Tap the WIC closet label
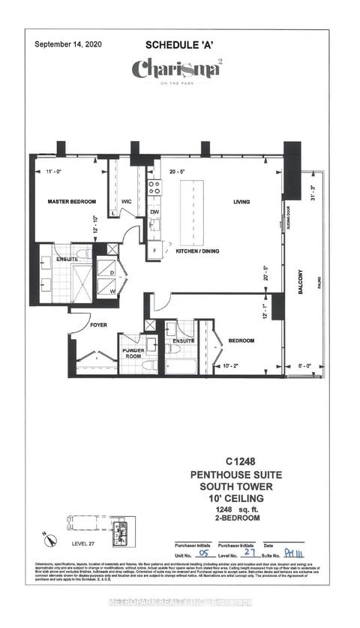[128, 202]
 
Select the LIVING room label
[241, 202]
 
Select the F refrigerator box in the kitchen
[154, 249]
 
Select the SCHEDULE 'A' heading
[180, 46]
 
